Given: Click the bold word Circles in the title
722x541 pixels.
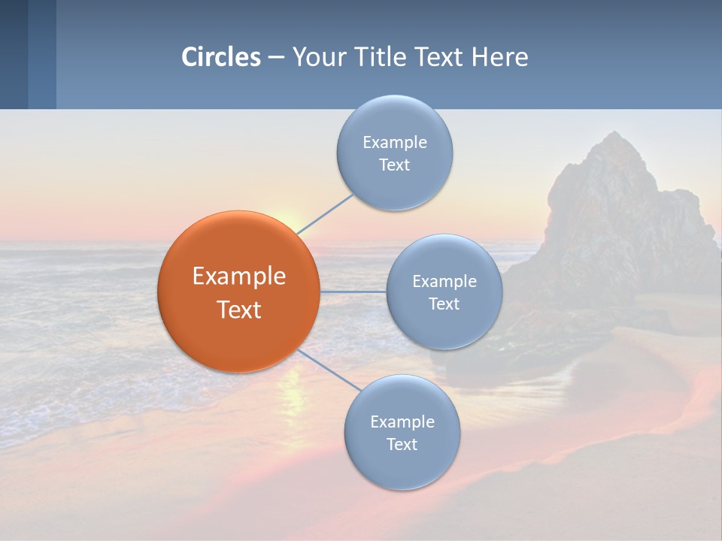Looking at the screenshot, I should click(x=221, y=57).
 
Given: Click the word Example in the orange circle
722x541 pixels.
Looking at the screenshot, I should click(x=239, y=277).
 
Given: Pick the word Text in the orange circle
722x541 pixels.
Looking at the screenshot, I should click(x=239, y=310).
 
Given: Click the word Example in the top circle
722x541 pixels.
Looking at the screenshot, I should click(x=395, y=142).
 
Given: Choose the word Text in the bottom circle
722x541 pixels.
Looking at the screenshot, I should click(x=402, y=445).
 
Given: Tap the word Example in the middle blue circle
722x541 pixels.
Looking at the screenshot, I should click(x=444, y=282).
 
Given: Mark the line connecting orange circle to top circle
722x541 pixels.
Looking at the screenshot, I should click(x=325, y=213).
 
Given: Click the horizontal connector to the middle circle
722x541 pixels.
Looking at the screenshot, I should click(x=353, y=292).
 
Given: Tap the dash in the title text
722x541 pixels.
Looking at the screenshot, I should click(x=275, y=58).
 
